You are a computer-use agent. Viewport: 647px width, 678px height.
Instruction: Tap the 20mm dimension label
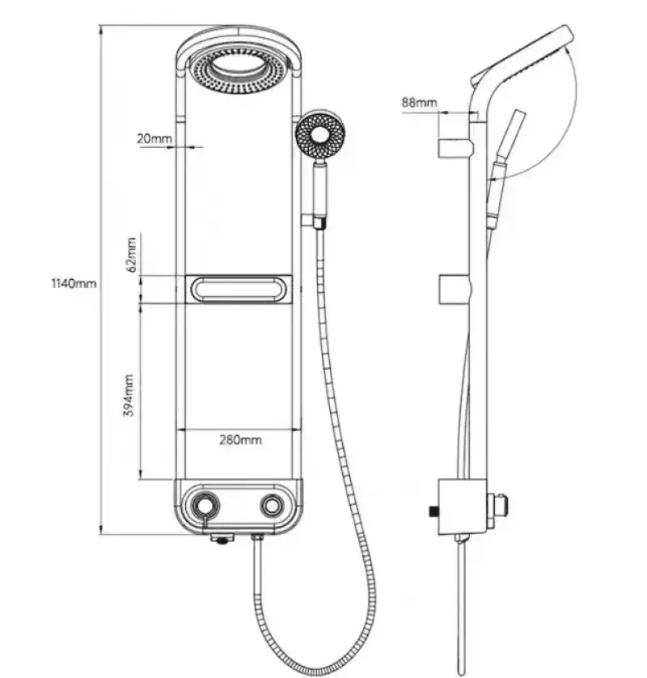point(154,138)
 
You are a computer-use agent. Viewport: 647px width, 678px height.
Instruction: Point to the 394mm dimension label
point(129,394)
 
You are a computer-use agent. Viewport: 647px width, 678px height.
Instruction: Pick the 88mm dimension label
point(418,103)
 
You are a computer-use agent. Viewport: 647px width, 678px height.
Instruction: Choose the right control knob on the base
point(271,506)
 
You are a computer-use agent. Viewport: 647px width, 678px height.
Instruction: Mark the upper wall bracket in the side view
point(455,147)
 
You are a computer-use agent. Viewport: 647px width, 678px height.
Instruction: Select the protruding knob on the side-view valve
point(502,506)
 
